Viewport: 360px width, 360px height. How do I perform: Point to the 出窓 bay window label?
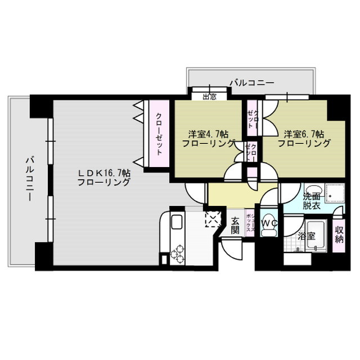pos(209,96)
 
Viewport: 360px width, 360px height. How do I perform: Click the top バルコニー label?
pos(251,83)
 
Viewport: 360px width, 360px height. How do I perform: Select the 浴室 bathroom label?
pos(307,236)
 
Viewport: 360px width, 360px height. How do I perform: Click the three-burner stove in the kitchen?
pos(177,253)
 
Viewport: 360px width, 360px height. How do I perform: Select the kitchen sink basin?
pos(177,222)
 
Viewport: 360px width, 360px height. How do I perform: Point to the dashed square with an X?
pos(213,220)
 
